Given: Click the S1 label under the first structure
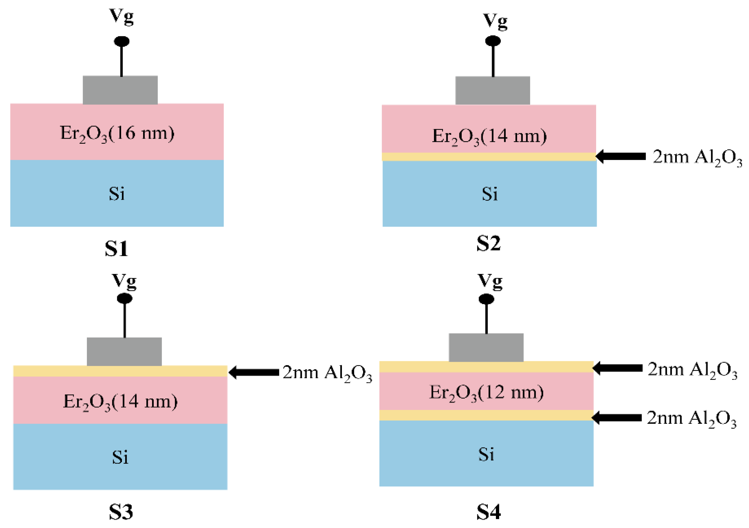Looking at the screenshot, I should coord(116,249).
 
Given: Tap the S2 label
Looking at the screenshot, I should coord(488,244).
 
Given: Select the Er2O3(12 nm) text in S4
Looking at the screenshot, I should coord(486,392).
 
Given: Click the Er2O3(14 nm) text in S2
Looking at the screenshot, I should coord(489,136).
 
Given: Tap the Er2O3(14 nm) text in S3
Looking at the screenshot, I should coord(120,401).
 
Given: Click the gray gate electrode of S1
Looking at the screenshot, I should coord(120,90).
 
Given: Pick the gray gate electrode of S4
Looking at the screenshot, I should coord(486,348).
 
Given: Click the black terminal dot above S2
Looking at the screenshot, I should coord(493,41).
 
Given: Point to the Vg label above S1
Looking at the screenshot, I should coord(121,16).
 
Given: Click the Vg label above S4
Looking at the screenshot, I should coord(490,281).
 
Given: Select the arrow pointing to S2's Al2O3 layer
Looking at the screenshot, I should coord(620,157).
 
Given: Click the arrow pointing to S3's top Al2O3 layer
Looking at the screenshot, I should coord(254,372).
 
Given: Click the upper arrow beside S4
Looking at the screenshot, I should coord(617,368).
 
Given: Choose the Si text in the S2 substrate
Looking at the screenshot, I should coord(490,194).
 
